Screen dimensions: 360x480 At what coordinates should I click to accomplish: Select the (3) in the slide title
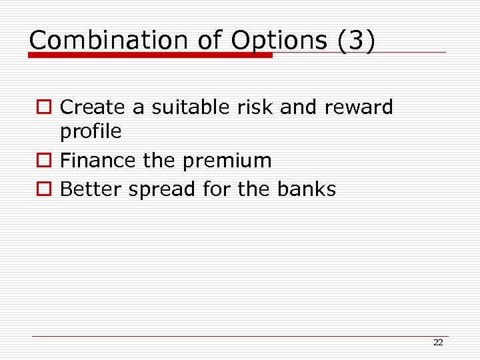356,40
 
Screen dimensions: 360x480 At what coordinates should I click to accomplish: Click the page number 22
438,343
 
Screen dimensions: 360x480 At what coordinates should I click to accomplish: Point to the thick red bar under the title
151,55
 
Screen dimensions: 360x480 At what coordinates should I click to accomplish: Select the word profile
91,132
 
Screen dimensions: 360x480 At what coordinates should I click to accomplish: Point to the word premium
231,161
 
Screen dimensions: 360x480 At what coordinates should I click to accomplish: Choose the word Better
91,189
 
